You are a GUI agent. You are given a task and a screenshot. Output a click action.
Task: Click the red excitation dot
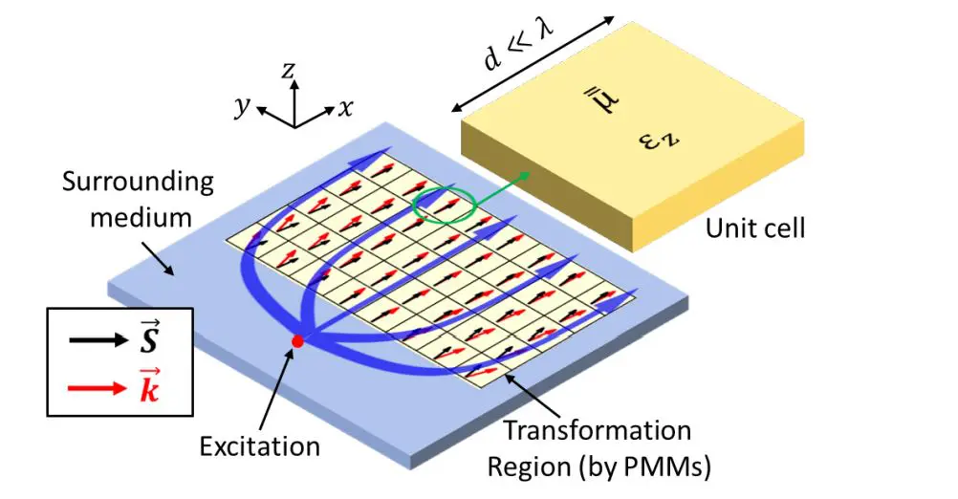tap(297, 340)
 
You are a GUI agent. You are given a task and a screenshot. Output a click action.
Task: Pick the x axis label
tap(345, 106)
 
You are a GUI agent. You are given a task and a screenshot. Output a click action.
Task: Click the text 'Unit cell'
tap(755, 228)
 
